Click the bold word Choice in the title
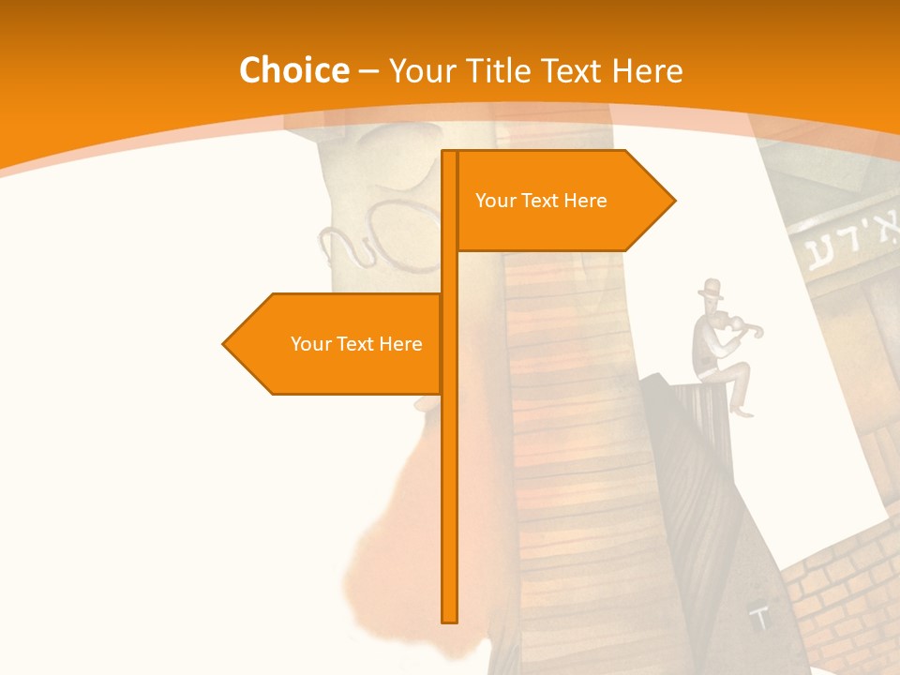[x=293, y=70]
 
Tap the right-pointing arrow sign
[x=562, y=201]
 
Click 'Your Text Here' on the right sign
[x=541, y=201]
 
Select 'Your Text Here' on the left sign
[x=356, y=344]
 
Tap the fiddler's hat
[x=712, y=288]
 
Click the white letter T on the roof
[x=760, y=618]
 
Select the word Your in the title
[x=421, y=70]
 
